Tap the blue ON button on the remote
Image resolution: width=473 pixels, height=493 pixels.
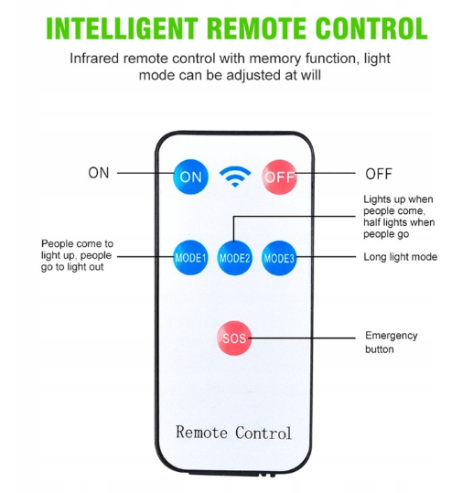pyautogui.click(x=190, y=177)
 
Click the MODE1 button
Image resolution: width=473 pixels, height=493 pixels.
pyautogui.click(x=190, y=258)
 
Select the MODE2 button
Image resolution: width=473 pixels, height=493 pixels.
pyautogui.click(x=234, y=258)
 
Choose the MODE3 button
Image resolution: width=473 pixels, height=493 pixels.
pyautogui.click(x=279, y=258)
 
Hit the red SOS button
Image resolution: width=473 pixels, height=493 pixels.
pyautogui.click(x=234, y=338)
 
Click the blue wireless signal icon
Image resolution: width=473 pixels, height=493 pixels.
pyautogui.click(x=235, y=177)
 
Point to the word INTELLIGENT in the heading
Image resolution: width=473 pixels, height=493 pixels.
pyautogui.click(x=122, y=28)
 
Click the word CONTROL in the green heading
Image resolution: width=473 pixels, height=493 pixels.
pyautogui.click(x=371, y=28)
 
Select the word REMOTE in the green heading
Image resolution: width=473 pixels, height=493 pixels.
pyautogui.click(x=256, y=28)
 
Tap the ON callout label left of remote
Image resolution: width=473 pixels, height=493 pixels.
pyautogui.click(x=99, y=173)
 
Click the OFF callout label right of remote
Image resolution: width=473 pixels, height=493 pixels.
pyautogui.click(x=379, y=174)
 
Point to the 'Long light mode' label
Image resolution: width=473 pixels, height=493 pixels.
pyautogui.click(x=401, y=257)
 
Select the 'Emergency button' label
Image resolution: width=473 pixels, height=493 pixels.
pyautogui.click(x=392, y=342)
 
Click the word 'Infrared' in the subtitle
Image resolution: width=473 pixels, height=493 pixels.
pyautogui.click(x=94, y=59)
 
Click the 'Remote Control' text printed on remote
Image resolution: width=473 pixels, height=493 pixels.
pyautogui.click(x=233, y=433)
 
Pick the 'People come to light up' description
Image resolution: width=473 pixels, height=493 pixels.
pyautogui.click(x=78, y=255)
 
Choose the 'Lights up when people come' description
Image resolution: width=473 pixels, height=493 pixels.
pyautogui.click(x=399, y=217)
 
